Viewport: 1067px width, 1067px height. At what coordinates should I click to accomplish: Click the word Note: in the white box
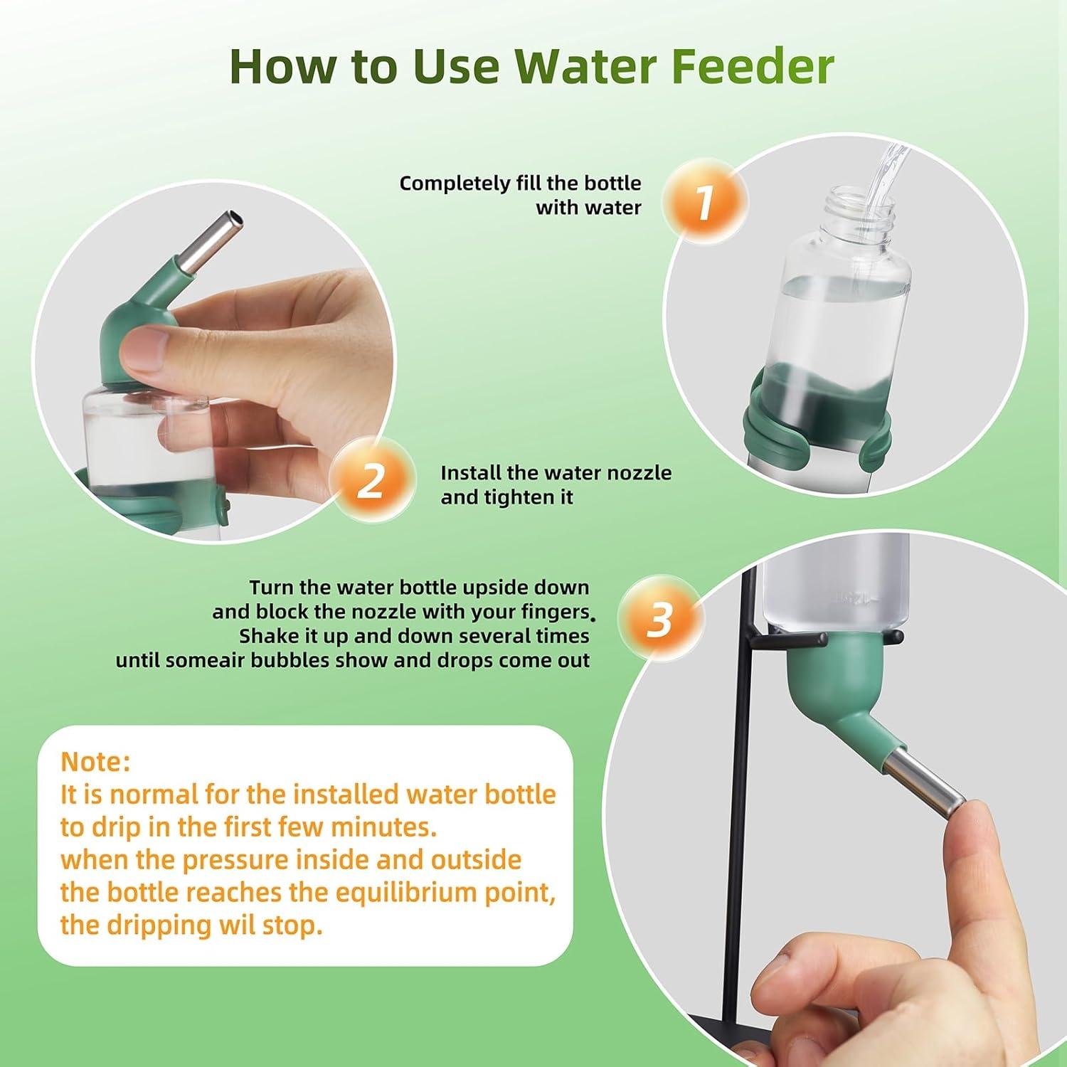pos(95,762)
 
